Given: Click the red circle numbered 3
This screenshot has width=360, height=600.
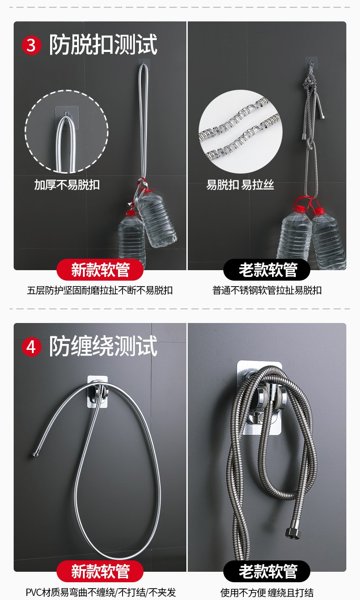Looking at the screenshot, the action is pyautogui.click(x=31, y=45).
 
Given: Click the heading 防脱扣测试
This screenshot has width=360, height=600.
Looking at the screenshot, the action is pyautogui.click(x=103, y=45).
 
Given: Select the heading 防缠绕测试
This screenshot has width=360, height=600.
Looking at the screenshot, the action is pyautogui.click(x=103, y=346).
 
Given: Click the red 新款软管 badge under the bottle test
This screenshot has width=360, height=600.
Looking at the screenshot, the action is pyautogui.click(x=100, y=270).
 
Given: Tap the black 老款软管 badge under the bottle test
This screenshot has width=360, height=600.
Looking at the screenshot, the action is pyautogui.click(x=267, y=270).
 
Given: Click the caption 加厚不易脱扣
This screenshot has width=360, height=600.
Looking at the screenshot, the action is pyautogui.click(x=67, y=185).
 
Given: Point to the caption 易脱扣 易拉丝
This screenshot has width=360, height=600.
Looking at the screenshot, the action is pyautogui.click(x=240, y=185).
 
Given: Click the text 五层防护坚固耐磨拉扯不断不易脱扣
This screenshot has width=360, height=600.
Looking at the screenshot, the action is pyautogui.click(x=100, y=290).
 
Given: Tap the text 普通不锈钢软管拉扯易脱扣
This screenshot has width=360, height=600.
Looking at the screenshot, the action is pyautogui.click(x=267, y=290).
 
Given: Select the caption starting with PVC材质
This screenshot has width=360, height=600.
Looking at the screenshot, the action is pyautogui.click(x=101, y=592).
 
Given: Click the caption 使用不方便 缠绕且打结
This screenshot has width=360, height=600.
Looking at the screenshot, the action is pyautogui.click(x=267, y=592).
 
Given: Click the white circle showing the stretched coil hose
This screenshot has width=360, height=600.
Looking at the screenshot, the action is pyautogui.click(x=240, y=132).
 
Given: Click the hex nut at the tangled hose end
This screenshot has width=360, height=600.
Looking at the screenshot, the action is pyautogui.click(x=293, y=533).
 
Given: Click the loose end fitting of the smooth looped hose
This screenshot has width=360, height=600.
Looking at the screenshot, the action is pyautogui.click(x=35, y=454).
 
